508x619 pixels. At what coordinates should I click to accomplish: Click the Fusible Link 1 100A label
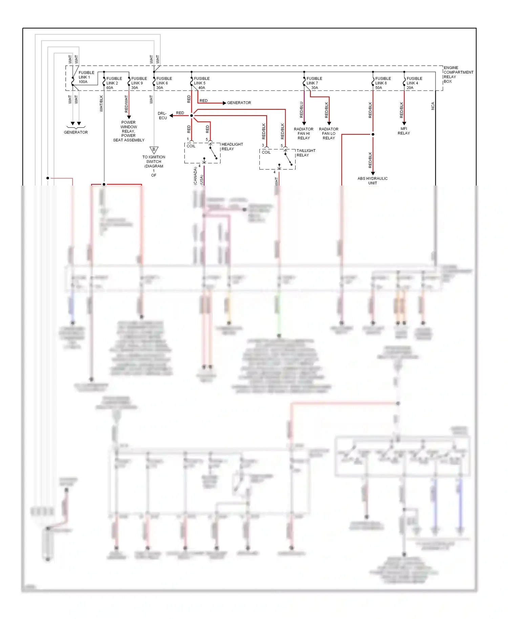click(86, 77)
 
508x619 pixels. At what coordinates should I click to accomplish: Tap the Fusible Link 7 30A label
click(314, 83)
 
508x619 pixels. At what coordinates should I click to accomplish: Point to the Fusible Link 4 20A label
click(414, 83)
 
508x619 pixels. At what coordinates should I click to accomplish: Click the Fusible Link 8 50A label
click(383, 83)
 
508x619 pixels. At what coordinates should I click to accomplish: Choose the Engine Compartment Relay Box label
click(458, 74)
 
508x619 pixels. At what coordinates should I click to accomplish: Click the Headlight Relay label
click(232, 147)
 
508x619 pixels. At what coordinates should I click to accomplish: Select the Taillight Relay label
click(306, 153)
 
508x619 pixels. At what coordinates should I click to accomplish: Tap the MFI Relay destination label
click(404, 131)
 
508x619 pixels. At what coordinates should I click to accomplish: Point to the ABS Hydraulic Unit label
click(373, 180)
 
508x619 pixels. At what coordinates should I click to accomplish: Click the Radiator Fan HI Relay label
click(303, 133)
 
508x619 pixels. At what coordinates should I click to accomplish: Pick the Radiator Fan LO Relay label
click(329, 133)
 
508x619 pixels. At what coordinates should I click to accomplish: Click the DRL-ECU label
click(163, 115)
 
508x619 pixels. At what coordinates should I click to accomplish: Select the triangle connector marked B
click(154, 150)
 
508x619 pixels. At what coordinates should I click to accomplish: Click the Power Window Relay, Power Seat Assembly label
click(129, 131)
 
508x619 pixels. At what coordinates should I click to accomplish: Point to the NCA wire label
click(433, 106)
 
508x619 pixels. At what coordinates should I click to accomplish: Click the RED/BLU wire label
click(301, 110)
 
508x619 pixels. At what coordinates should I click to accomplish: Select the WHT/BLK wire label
click(101, 104)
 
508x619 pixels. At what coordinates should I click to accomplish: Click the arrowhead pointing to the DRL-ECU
click(171, 115)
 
